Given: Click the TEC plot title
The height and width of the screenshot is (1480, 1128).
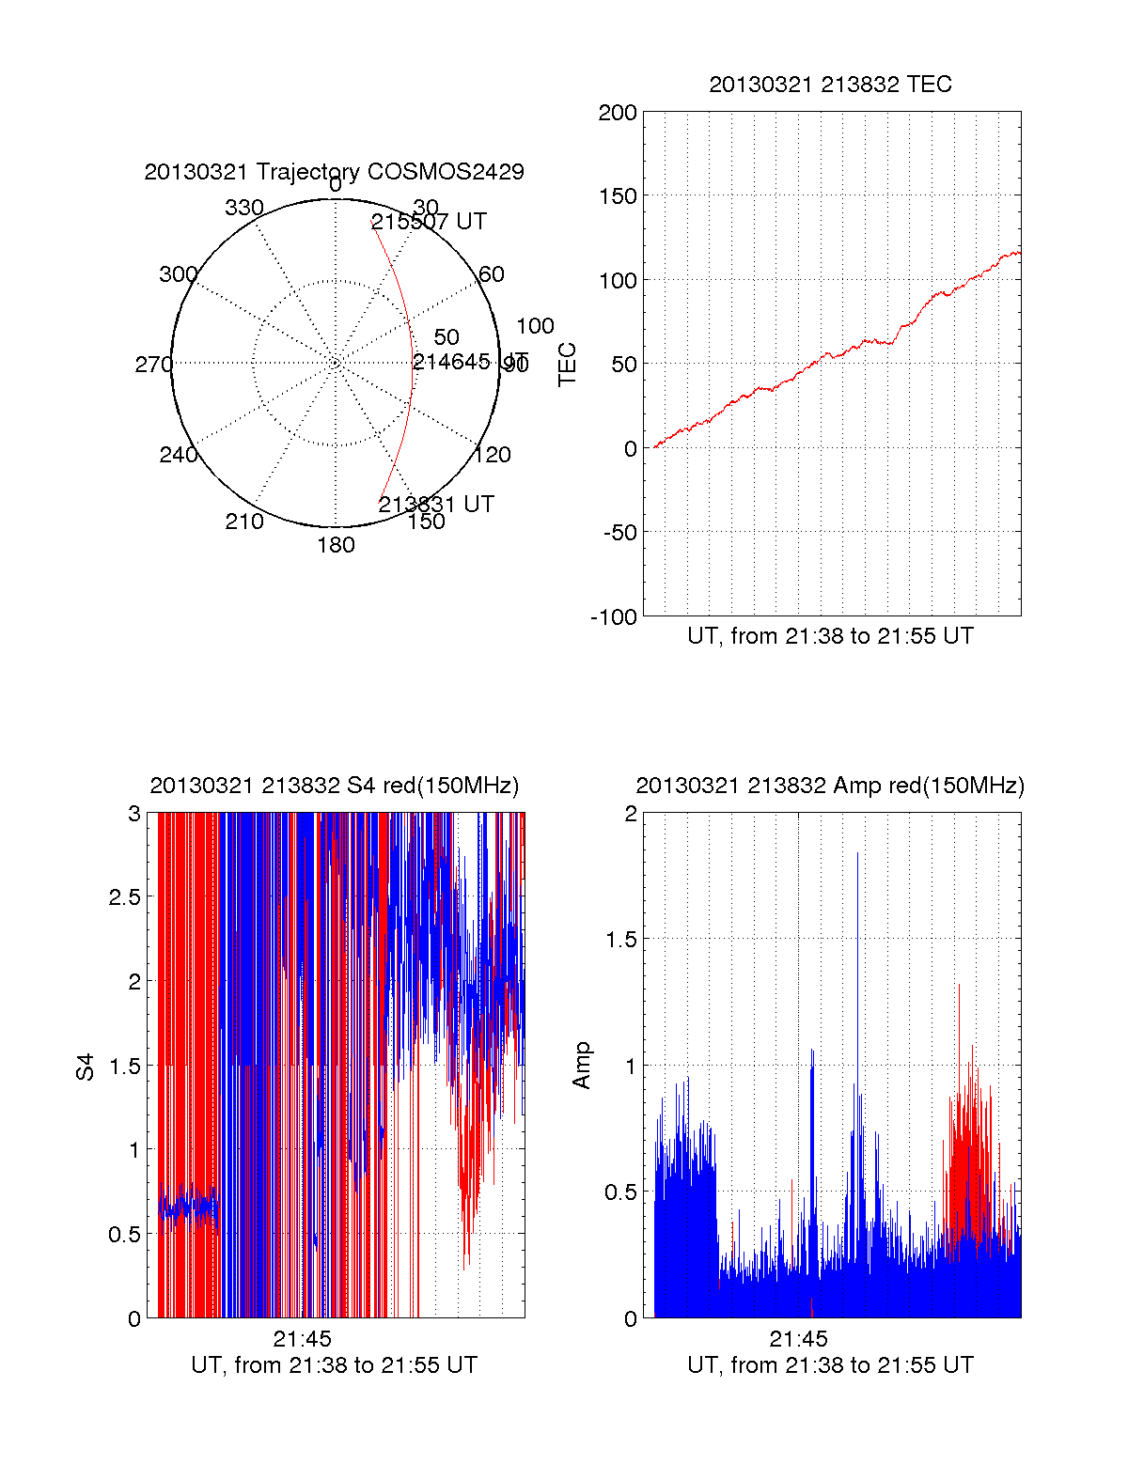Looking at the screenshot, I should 830,85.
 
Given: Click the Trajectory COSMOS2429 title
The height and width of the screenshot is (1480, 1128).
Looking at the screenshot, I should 334,172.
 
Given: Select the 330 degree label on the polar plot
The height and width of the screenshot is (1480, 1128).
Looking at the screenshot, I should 243,208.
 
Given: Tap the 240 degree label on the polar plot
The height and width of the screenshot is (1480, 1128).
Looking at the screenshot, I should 178,455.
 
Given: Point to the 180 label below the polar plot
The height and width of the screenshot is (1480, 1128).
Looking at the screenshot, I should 336,545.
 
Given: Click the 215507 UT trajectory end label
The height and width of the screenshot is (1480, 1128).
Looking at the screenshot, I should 429,222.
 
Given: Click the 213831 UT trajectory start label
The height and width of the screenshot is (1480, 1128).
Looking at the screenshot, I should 436,505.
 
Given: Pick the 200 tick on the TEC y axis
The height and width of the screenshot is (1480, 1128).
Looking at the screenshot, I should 618,114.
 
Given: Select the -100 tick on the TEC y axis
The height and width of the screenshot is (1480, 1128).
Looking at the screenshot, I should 614,617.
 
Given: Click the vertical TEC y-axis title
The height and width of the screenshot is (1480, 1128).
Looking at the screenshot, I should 568,364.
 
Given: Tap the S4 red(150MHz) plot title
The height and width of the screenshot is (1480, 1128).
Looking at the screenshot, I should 334,786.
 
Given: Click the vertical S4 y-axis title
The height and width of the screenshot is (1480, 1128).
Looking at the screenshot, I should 86,1067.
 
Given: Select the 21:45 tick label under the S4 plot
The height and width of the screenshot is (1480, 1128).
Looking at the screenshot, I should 303,1339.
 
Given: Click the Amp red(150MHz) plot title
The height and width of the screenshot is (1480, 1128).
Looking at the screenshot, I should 830,786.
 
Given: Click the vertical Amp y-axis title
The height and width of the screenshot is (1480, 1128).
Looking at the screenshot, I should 582,1065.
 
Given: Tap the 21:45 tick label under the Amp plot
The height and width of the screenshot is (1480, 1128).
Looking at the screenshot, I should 798,1339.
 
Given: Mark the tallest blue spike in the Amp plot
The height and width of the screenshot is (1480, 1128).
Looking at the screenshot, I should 857,855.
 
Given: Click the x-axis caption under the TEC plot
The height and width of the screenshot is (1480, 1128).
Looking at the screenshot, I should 830,636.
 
